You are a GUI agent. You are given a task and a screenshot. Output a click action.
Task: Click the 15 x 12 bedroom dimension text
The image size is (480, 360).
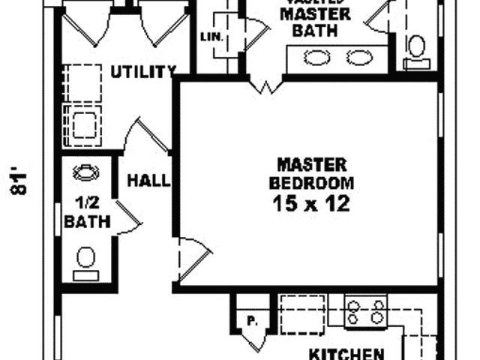pos(311,203)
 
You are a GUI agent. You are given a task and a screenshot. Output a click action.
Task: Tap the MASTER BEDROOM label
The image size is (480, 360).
pos(311,173)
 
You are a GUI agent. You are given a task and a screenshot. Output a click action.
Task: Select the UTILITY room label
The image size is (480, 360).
pos(143,72)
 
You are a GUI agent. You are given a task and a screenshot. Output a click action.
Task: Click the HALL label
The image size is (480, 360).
pos(148,181)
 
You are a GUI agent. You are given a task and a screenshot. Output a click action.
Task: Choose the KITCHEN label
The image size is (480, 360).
pos(346,353)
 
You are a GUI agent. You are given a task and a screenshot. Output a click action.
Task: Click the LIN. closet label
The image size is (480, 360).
pos(210,36)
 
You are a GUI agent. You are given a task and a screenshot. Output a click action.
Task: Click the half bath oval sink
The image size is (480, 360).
pos(86,172)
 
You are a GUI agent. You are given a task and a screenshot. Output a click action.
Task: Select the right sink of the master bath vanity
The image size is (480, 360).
pos(361,56)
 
